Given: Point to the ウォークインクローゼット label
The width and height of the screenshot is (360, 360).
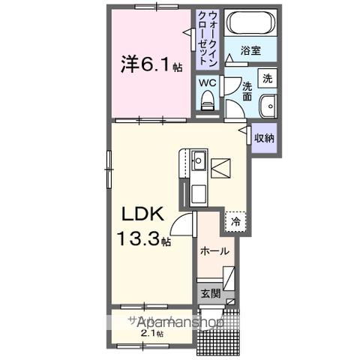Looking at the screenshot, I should click(x=207, y=39).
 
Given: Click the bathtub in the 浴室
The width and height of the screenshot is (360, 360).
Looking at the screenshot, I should click(x=251, y=23).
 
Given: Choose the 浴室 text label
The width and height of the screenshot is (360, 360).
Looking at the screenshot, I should click(x=251, y=51).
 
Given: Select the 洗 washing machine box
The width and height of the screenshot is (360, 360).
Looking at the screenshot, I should click(x=268, y=76).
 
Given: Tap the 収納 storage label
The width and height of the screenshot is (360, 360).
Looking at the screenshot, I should click(x=264, y=137).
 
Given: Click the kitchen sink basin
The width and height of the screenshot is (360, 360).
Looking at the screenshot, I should click(x=198, y=160).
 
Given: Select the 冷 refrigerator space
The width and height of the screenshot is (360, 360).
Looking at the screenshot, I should click(x=235, y=221).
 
